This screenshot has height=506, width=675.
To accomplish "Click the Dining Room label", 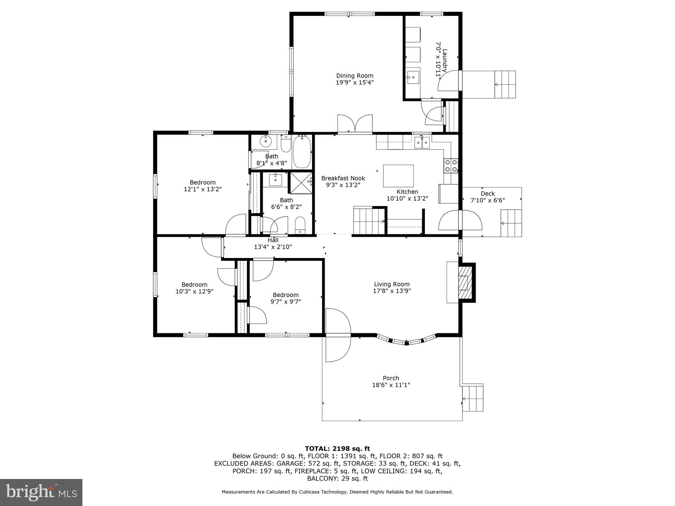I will click(355, 76).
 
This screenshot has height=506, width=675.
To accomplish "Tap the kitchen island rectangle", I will click(398, 176).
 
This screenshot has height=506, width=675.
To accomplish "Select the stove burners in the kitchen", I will click(451, 166).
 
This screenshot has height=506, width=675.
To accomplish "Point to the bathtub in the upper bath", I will click(302, 152).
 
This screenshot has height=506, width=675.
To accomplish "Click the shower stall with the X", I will click(300, 182).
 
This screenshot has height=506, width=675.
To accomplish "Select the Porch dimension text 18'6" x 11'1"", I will click(391, 385).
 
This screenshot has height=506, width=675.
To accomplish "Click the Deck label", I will click(487, 194).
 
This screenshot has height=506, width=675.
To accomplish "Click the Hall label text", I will click(273, 240).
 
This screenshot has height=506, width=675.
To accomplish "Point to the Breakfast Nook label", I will click(343, 178).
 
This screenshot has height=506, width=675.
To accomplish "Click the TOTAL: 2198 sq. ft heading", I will click(337, 448).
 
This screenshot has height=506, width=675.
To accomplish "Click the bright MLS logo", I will click(41, 492).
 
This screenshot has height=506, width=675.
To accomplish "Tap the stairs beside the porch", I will click(473, 399).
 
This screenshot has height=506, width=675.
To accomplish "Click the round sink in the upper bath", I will click(265, 142).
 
